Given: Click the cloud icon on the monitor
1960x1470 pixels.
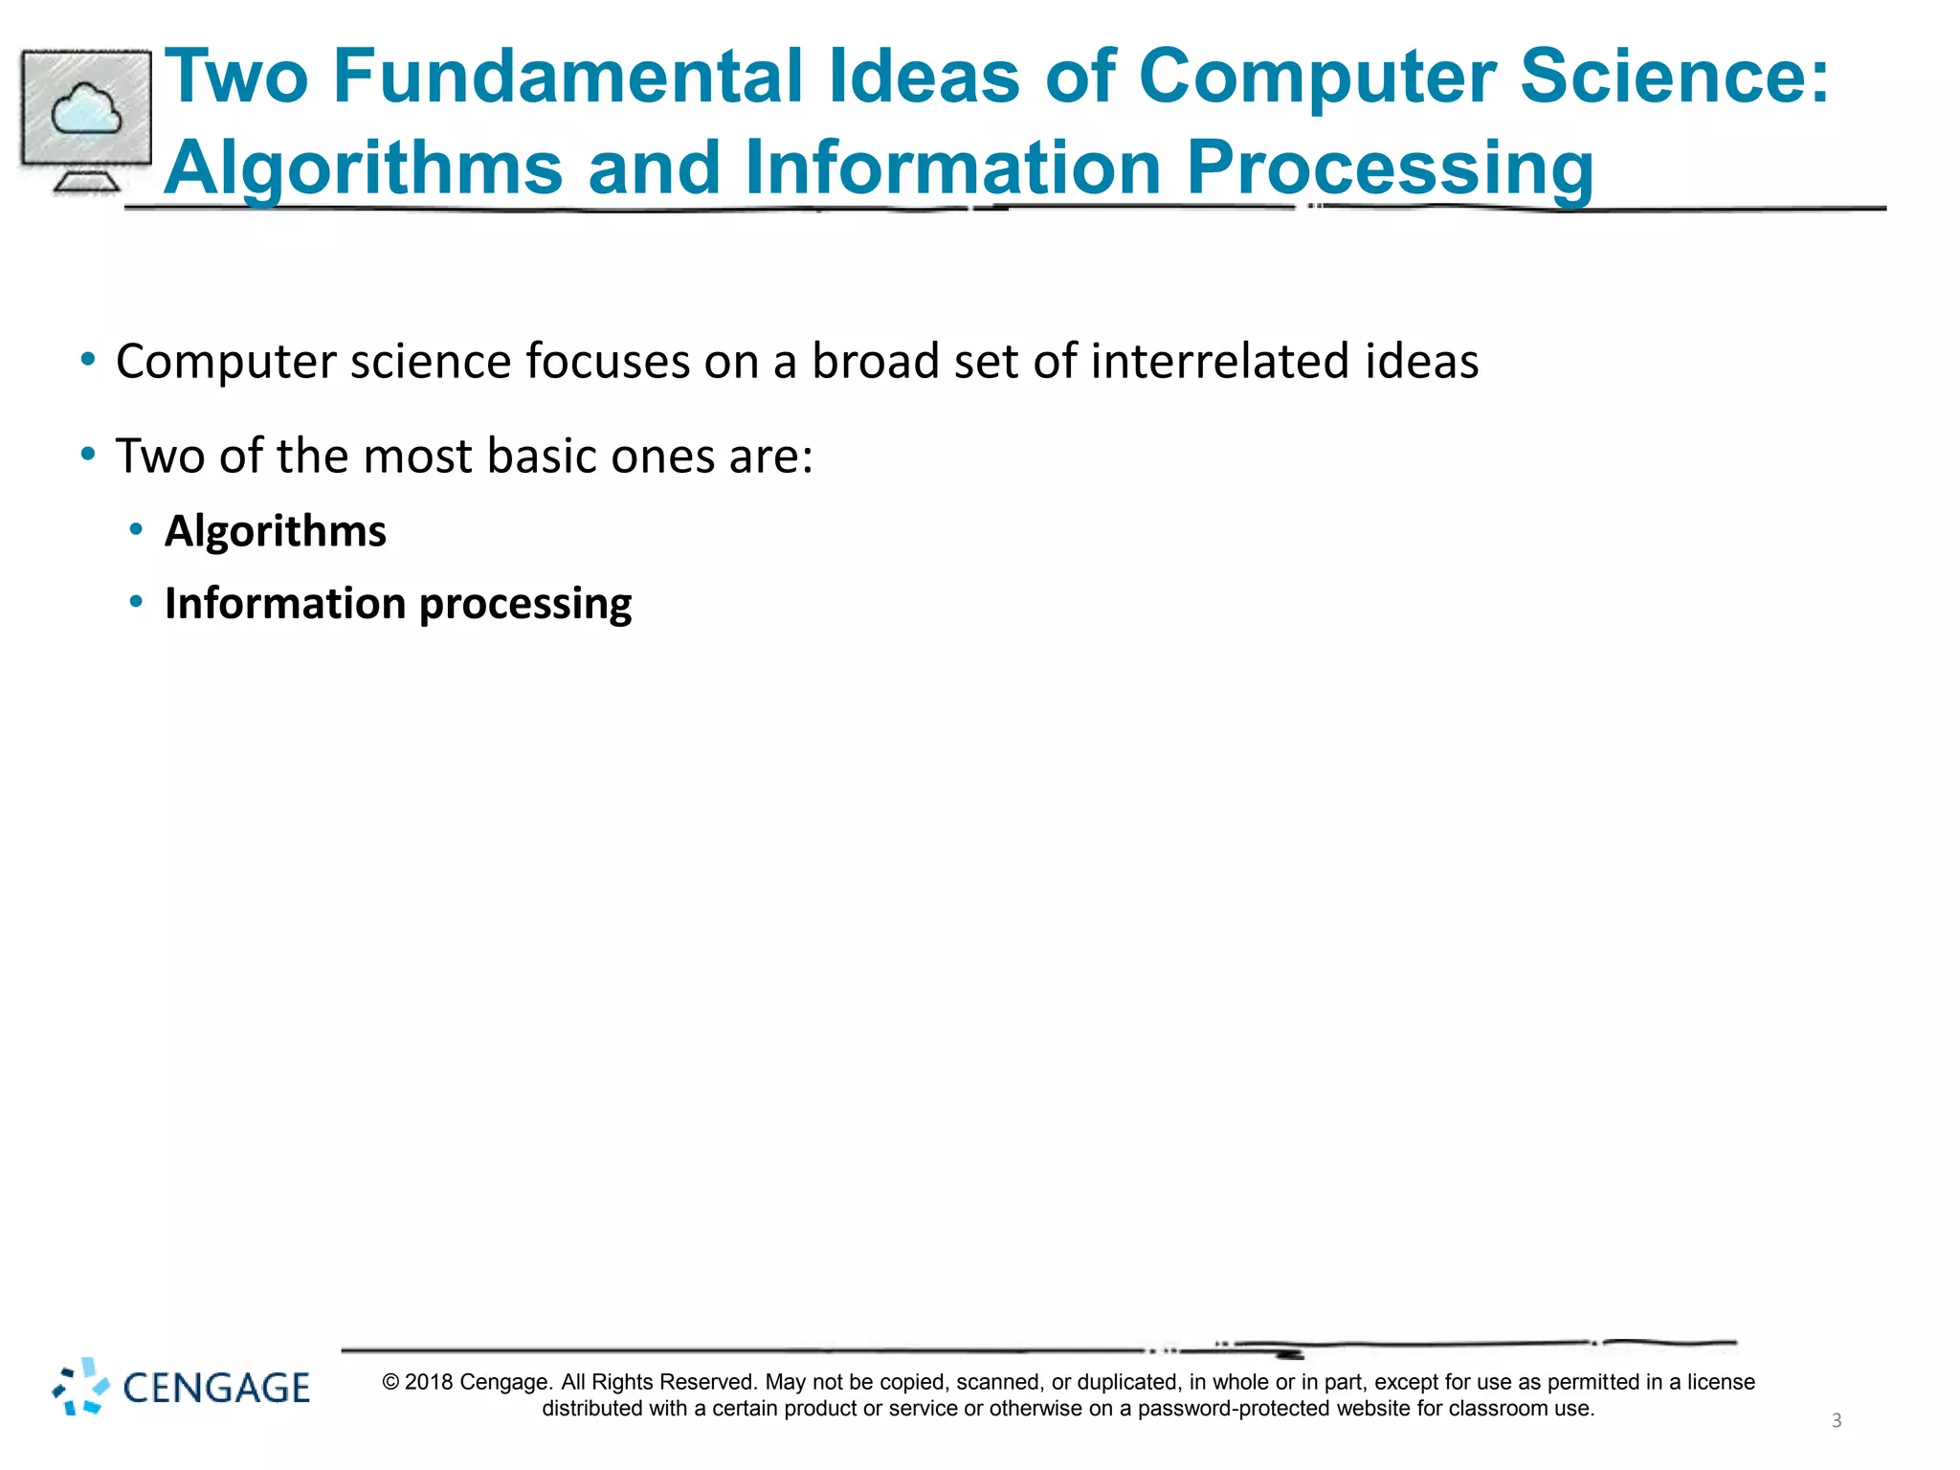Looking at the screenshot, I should pyautogui.click(x=86, y=110).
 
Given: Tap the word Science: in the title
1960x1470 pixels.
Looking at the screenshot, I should pyautogui.click(x=1674, y=77).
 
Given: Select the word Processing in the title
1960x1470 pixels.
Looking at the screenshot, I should pyautogui.click(x=1390, y=168).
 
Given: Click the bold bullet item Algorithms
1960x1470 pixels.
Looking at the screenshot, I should pyautogui.click(x=276, y=531).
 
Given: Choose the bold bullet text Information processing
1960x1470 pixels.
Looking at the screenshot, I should pyautogui.click(x=398, y=604).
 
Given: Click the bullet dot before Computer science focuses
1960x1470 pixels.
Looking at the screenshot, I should pyautogui.click(x=88, y=361).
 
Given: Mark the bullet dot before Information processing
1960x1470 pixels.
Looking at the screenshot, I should pyautogui.click(x=137, y=602).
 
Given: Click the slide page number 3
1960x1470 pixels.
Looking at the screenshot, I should pyautogui.click(x=1836, y=1421).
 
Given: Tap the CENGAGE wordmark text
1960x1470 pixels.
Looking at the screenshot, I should pyautogui.click(x=216, y=1388).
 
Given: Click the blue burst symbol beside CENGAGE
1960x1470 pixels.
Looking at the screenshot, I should pyautogui.click(x=80, y=1386).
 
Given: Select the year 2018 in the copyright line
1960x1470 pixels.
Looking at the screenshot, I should pyautogui.click(x=428, y=1382).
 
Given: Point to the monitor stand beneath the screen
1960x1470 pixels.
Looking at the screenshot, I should pyautogui.click(x=86, y=181).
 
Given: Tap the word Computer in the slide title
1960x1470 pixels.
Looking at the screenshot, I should pyautogui.click(x=1317, y=77).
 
